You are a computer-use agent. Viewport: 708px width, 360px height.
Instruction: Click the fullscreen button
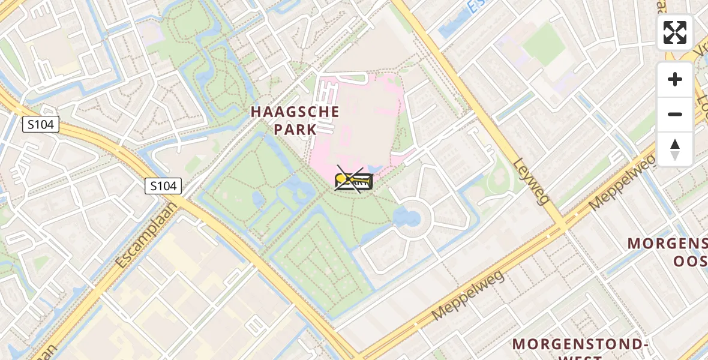(674, 32)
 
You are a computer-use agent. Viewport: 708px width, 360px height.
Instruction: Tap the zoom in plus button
(674, 79)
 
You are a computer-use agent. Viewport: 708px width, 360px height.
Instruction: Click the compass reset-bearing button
(674, 149)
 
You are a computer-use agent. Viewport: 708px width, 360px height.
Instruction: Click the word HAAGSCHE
(295, 112)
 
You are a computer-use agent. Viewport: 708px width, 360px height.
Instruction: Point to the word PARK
(295, 129)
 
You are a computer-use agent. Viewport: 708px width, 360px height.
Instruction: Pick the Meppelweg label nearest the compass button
(622, 181)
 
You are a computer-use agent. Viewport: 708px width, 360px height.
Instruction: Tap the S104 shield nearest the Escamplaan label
(163, 186)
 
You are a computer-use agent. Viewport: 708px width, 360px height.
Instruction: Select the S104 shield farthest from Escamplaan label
(41, 125)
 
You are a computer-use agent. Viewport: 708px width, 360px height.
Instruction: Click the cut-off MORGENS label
(667, 244)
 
